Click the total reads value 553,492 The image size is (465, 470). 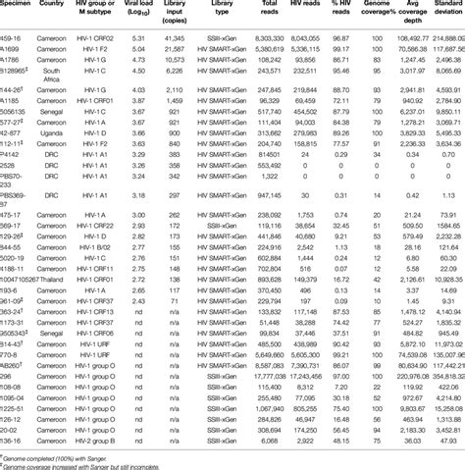[x=262, y=167]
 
